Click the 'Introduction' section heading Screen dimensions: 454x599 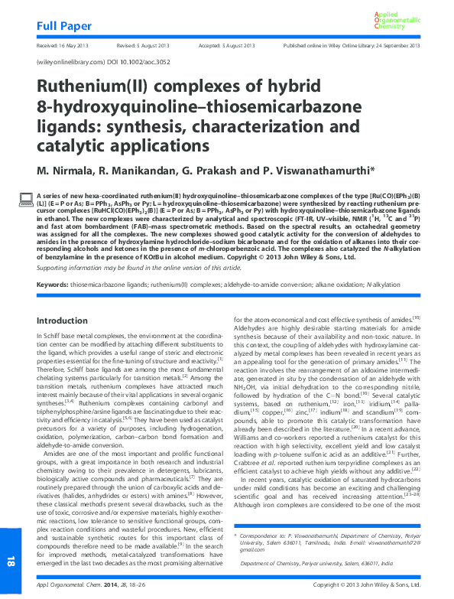point(63,320)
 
